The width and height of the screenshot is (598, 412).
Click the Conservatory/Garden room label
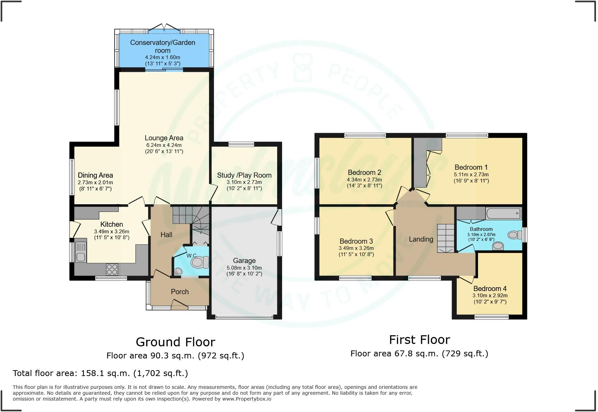pyautogui.click(x=163, y=46)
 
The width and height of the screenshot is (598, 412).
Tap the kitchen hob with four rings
pyautogui.click(x=112, y=269)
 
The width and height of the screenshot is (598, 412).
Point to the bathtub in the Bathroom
pyautogui.click(x=503, y=213)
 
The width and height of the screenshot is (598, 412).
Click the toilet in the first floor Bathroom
pyautogui.click(x=515, y=235)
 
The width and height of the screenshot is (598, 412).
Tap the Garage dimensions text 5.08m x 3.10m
pyautogui.click(x=244, y=268)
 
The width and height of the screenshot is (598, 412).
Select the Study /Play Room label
pyautogui.click(x=244, y=175)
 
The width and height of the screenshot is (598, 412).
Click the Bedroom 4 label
pyautogui.click(x=490, y=289)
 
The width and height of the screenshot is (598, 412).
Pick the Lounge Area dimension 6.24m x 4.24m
pyautogui.click(x=164, y=145)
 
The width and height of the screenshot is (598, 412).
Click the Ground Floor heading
pyautogui.click(x=175, y=342)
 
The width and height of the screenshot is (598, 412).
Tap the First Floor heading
pyautogui.click(x=419, y=340)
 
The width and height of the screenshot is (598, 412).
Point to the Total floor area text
pyautogui.click(x=100, y=373)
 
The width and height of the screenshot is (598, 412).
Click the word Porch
pyautogui.click(x=180, y=292)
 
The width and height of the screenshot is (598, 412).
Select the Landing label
pyautogui.click(x=421, y=239)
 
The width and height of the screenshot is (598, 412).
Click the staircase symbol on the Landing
pyautogui.click(x=446, y=238)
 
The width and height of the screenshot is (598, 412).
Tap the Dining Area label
pyautogui.click(x=95, y=175)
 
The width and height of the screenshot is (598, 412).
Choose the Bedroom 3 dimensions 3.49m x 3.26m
pyautogui.click(x=356, y=248)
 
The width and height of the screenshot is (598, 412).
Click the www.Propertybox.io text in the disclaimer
pyautogui.click(x=246, y=399)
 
